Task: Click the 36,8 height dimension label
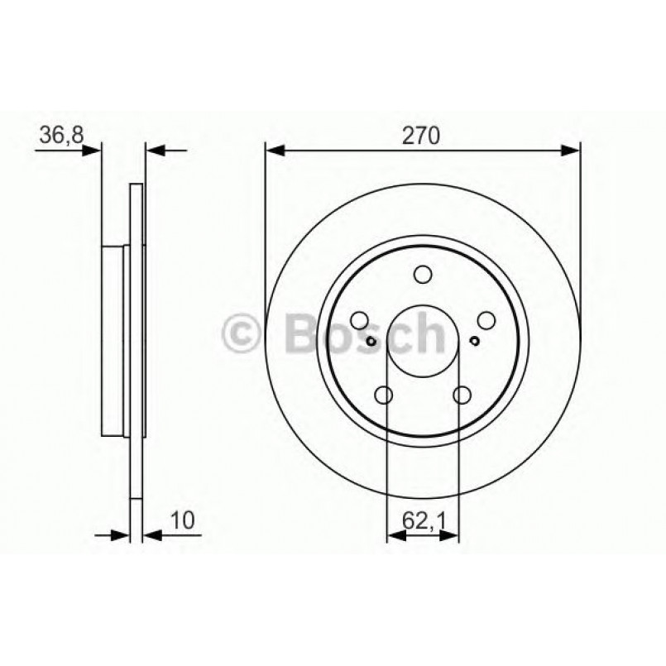60,135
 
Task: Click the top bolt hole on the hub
423,275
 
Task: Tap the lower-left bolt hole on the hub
384,395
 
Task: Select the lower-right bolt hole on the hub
462,395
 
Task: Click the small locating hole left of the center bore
371,342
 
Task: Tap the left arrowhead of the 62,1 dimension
395,536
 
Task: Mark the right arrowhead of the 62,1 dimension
451,536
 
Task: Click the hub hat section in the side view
114,339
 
